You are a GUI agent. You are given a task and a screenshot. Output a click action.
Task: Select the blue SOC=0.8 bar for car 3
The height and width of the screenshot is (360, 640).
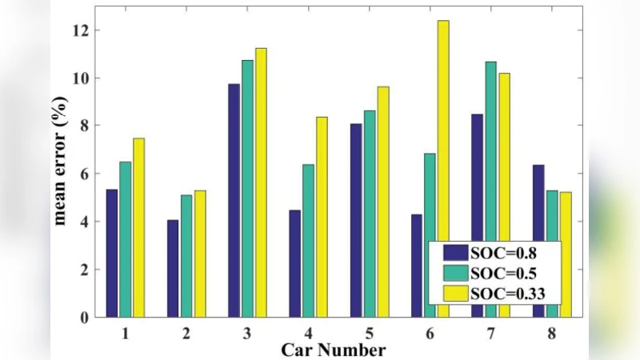tap(234, 200)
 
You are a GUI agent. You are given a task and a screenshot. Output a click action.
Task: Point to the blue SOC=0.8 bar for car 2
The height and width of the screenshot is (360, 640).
tap(173, 268)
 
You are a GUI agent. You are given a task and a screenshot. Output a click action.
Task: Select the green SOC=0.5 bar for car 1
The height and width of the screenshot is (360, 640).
tap(126, 239)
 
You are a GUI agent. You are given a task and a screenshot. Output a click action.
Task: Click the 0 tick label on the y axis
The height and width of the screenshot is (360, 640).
tap(82, 317)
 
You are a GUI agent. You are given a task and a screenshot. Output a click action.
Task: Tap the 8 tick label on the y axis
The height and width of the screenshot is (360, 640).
tap(82, 126)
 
